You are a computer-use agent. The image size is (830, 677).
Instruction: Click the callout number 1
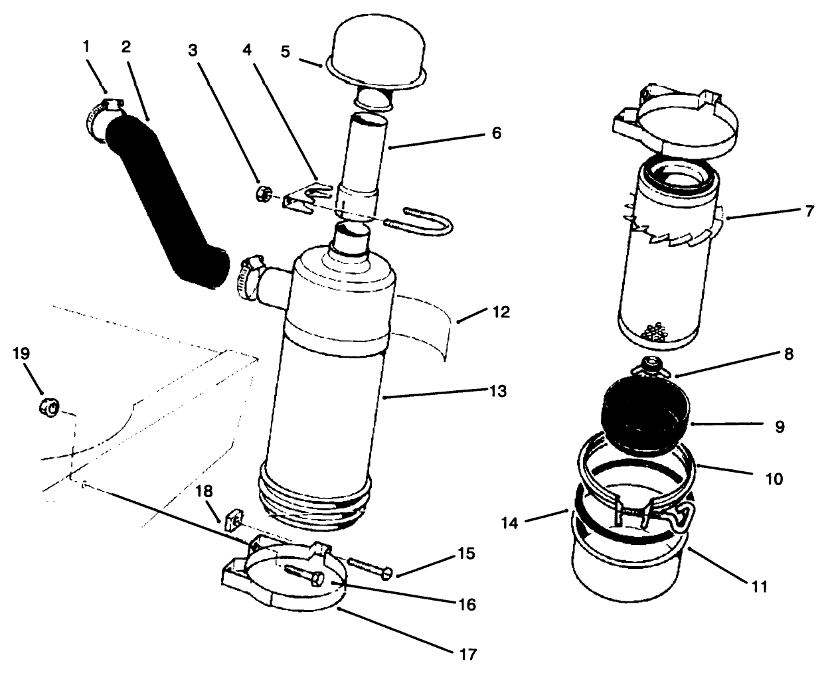click(x=86, y=46)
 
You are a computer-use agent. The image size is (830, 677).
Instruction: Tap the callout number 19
click(x=21, y=353)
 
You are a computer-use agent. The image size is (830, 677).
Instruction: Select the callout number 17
click(x=467, y=654)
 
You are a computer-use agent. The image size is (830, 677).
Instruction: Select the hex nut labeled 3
click(x=261, y=194)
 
